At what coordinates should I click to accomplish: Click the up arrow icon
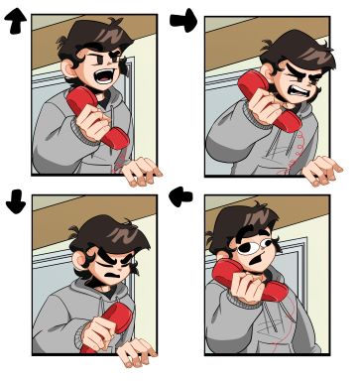click(x=16, y=25)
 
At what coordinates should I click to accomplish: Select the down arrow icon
click(x=16, y=199)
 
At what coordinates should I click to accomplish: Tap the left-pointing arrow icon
click(x=182, y=197)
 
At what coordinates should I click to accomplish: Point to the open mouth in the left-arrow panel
click(x=256, y=264)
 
